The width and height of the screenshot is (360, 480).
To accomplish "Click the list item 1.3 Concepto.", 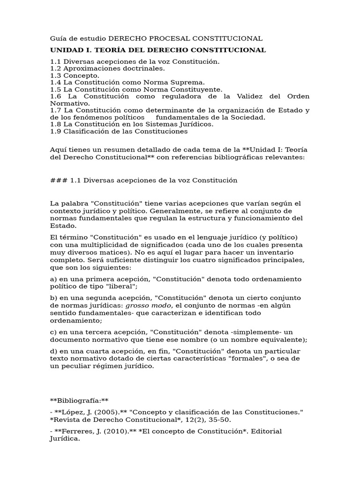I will [x=75, y=75].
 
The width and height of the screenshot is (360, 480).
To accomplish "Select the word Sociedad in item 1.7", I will [x=249, y=117].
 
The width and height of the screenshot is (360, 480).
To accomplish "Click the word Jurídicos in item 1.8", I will [x=196, y=124].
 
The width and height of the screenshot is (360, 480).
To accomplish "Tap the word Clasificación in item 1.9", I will [x=85, y=131].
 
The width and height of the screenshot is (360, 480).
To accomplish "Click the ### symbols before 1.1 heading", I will [x=59, y=180].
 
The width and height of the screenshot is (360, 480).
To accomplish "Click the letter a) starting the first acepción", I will [x=53, y=279].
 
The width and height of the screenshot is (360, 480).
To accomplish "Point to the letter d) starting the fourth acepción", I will [x=53, y=351].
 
